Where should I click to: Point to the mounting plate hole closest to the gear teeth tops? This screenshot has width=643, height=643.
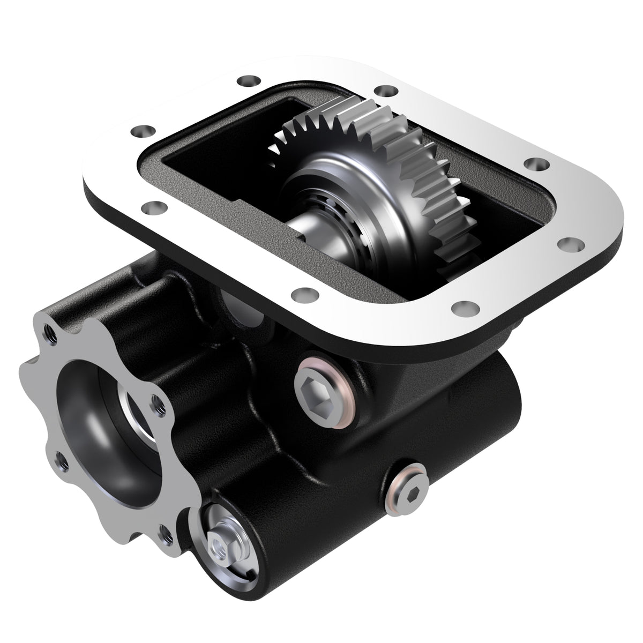(382, 91)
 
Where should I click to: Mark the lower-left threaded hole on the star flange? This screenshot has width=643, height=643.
(60, 458)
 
